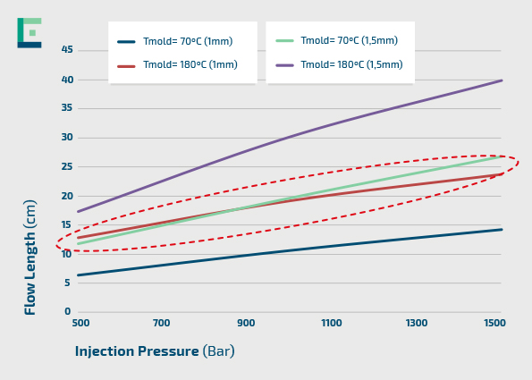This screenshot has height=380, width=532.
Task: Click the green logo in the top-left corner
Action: pos(30,32)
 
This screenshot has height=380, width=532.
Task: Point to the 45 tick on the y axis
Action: pos(67,49)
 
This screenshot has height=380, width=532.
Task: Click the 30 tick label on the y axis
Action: pos(67,137)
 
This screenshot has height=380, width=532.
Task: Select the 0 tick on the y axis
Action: pos(68,311)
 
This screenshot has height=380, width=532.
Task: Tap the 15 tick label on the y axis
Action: pos(67,224)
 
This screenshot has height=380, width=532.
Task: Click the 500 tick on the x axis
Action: pos(80,323)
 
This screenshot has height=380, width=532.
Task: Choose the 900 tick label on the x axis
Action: pos(246,323)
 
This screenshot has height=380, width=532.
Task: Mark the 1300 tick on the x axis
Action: pos(417,323)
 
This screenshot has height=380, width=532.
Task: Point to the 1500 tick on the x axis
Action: pos(494,323)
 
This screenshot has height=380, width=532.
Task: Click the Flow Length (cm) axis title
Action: pos(30,258)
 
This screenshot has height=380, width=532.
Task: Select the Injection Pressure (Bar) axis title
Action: pos(155,351)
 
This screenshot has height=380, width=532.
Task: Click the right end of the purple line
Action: pos(502,80)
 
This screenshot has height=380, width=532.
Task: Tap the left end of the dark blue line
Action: pos(79,275)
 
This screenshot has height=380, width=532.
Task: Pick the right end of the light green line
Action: pos(501,156)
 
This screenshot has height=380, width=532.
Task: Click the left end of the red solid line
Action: pos(79,238)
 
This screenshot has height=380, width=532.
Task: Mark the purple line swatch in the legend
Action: pos(284,65)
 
